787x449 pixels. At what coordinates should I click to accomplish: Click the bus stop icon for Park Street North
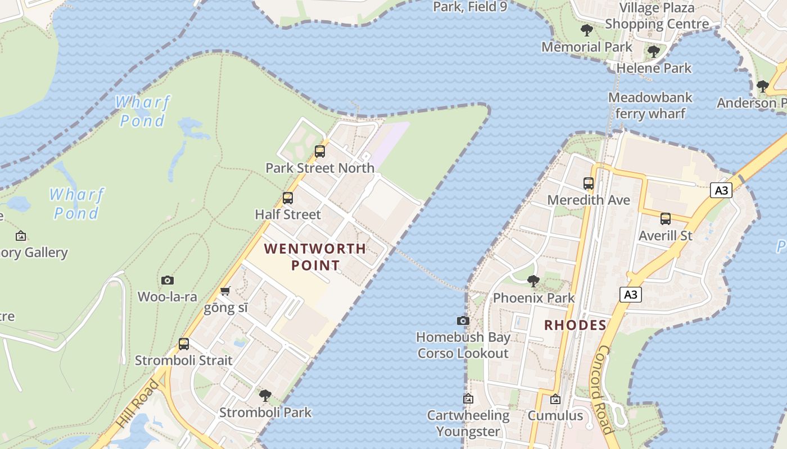[x=320, y=151]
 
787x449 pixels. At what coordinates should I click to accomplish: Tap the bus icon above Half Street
[x=288, y=198]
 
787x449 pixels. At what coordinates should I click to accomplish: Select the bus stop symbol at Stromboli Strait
[x=184, y=344]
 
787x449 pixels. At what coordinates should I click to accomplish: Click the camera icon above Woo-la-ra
[x=168, y=280]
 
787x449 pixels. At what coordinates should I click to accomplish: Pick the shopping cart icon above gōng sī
[x=225, y=291]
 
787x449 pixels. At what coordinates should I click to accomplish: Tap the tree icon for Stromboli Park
[x=265, y=395]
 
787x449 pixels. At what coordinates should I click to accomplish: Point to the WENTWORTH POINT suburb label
[x=315, y=256]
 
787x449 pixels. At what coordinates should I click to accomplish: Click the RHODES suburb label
[x=576, y=325]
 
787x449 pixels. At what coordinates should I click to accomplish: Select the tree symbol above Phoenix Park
[x=533, y=281]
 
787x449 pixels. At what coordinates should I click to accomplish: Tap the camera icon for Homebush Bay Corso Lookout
[x=463, y=320]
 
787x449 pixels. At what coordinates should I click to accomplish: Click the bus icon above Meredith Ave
[x=589, y=183]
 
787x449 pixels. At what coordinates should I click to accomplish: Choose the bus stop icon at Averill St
[x=666, y=218]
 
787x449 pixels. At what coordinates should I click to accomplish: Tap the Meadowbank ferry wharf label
[x=650, y=106]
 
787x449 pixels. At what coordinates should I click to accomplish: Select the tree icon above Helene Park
[x=653, y=52]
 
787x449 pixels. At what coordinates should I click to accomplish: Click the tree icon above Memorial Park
[x=587, y=30]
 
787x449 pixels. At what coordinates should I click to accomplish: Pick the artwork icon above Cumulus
[x=555, y=399]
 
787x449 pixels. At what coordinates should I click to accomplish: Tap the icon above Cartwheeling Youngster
[x=468, y=398]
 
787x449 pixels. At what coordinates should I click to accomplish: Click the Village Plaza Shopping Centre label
[x=657, y=16]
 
